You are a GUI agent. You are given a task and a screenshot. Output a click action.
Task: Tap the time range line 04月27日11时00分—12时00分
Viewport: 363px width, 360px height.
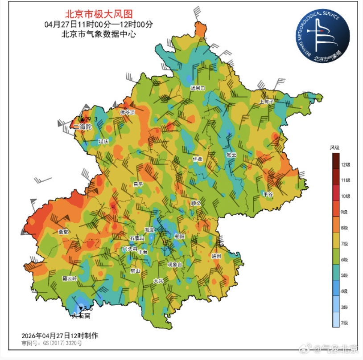click(x=99, y=25)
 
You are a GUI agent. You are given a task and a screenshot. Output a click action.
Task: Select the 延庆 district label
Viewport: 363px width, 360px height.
click(x=103, y=141)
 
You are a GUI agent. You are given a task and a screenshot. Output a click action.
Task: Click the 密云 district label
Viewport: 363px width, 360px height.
click(x=231, y=155)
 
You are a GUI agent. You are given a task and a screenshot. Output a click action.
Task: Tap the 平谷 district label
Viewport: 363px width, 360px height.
click(x=268, y=195)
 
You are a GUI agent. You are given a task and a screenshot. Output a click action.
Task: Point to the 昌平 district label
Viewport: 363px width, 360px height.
click(x=138, y=184)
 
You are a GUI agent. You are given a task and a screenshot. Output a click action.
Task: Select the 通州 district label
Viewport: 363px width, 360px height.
click(x=217, y=256)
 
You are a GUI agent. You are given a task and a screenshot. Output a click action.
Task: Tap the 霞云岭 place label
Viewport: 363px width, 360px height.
click(x=70, y=278)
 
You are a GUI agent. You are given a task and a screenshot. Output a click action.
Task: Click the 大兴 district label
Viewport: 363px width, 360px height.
click(x=158, y=281)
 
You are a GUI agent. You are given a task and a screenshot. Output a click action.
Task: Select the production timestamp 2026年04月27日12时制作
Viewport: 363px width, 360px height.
click(x=60, y=335)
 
